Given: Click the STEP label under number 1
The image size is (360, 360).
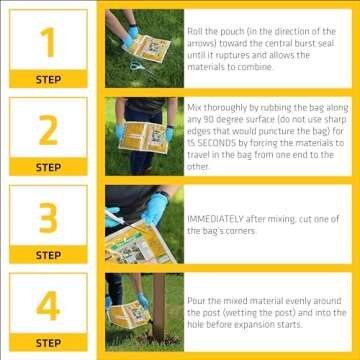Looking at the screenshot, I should click(47, 79).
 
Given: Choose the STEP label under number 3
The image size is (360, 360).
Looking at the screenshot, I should click(47, 255).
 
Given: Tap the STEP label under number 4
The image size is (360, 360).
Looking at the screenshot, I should click(47, 343).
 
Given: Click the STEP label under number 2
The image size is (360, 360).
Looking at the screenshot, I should click(47, 167).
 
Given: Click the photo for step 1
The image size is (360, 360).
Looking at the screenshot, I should click(143, 46).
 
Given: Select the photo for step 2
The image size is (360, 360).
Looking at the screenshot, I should click(143, 134).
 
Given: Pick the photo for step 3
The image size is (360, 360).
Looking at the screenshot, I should click(143, 222).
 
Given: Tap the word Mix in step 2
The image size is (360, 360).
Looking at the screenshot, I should click(194, 103).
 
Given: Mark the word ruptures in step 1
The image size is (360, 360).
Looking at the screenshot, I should click(222, 55).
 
